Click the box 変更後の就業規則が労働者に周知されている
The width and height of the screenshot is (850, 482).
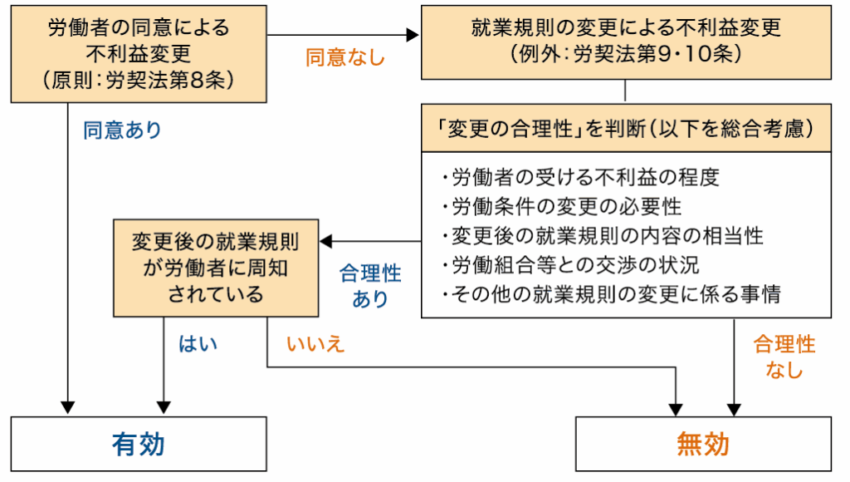tap(216, 268)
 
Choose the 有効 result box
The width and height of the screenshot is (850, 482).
tap(139, 445)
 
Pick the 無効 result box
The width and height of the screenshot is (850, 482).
tap(703, 445)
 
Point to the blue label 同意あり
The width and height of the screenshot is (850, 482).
tap(122, 130)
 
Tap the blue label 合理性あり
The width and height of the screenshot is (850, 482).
tap(370, 286)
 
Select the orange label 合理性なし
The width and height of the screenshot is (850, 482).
tap(784, 357)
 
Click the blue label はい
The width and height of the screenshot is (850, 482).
tap(198, 344)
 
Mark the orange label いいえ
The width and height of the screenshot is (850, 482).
tap(315, 344)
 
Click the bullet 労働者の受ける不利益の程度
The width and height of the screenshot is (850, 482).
tap(580, 177)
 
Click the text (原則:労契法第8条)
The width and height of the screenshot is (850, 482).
tap(139, 81)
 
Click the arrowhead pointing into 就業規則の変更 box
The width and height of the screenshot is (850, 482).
tap(413, 36)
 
